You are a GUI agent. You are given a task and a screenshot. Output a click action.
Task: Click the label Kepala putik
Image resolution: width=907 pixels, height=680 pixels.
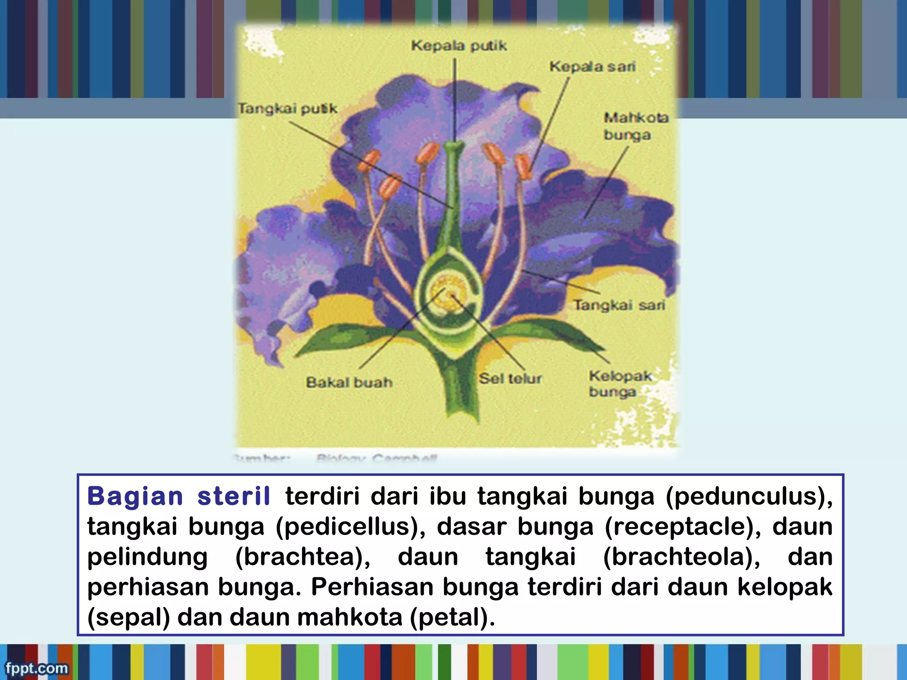(x=458, y=46)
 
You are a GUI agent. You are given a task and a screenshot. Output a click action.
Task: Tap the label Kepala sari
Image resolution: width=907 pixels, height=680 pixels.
(x=592, y=67)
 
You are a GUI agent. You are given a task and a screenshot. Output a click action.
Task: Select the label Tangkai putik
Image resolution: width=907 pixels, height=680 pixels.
(x=287, y=108)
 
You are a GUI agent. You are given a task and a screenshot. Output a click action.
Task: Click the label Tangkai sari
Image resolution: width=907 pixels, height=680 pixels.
(x=619, y=305)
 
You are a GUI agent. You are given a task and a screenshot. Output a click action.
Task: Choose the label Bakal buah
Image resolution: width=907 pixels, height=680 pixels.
(x=349, y=382)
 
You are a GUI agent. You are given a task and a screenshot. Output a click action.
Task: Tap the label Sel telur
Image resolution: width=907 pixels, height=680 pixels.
(x=510, y=379)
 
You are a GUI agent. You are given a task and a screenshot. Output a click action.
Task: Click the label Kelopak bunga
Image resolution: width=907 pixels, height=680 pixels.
(x=619, y=384)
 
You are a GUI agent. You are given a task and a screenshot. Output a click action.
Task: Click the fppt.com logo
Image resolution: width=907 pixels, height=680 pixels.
(x=37, y=668)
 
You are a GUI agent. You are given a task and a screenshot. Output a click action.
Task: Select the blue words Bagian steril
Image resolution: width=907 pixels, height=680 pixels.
(x=178, y=496)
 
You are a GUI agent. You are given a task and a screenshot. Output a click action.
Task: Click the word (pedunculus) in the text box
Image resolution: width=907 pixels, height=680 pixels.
(x=748, y=496)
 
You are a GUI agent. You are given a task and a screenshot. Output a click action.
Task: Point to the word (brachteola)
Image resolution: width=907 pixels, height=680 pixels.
(x=682, y=557)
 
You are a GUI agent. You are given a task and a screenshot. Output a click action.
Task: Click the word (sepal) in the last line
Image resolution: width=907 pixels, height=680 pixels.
(x=128, y=618)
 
